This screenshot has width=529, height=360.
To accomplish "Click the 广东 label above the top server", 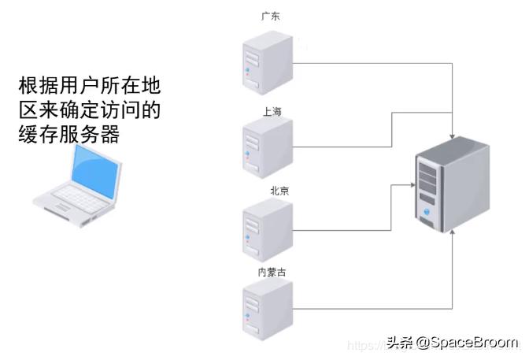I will tap(270, 15).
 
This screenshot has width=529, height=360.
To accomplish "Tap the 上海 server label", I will tap(272, 111).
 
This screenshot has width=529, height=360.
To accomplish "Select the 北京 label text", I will tap(279, 191).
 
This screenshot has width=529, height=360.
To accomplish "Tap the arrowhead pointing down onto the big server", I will tap(453, 135).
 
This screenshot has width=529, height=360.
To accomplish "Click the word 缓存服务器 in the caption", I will tap(68, 135).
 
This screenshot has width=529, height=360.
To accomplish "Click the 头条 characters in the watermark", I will tap(399, 343).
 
